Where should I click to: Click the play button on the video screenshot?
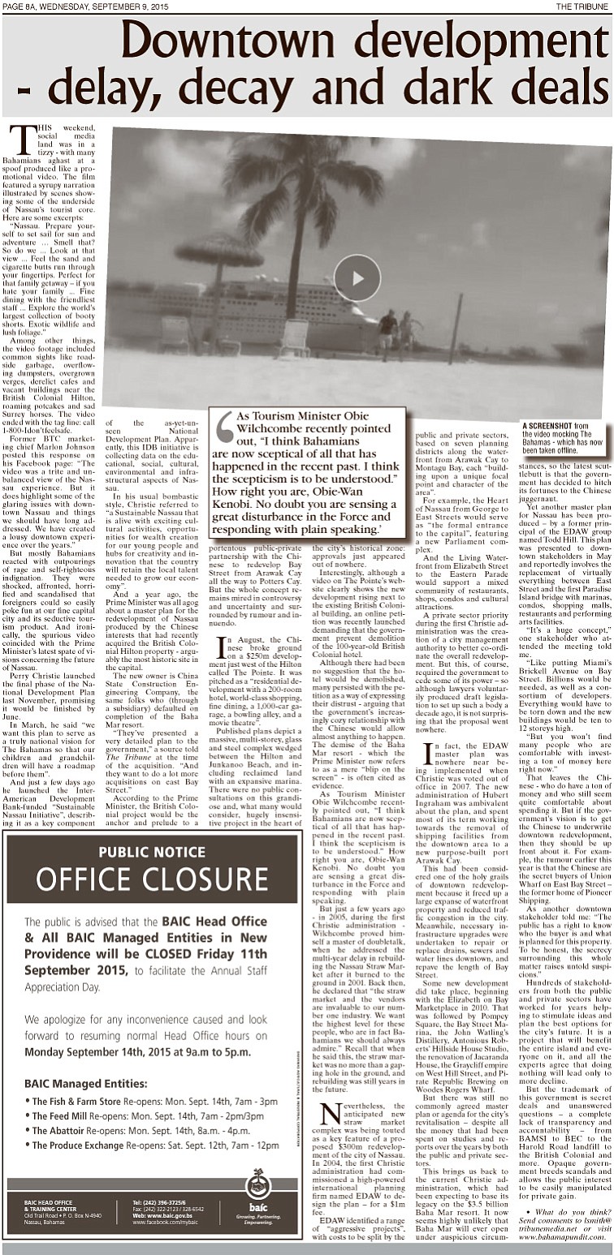coord(357,277)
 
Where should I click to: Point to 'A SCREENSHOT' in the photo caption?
coord(547,425)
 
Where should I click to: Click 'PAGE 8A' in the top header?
coord(24,6)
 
